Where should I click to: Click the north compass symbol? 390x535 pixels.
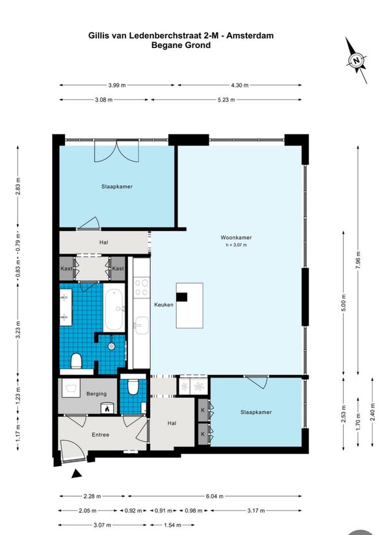click(x=356, y=60)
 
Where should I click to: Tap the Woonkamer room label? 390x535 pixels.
click(x=236, y=237)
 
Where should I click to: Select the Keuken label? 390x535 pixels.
click(x=164, y=305)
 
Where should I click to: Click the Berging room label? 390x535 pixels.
click(x=97, y=394)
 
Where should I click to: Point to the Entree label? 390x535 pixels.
click(x=100, y=435)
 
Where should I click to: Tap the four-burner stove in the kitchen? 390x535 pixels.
click(x=141, y=287)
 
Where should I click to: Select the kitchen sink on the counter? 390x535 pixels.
click(x=141, y=325)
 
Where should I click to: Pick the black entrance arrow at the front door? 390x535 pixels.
click(x=77, y=474)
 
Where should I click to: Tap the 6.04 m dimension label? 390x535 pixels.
click(x=214, y=496)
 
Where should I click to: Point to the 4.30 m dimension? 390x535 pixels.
click(x=240, y=85)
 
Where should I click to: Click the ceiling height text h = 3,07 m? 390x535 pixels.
click(x=236, y=245)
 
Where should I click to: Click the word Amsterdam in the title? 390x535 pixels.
click(x=250, y=36)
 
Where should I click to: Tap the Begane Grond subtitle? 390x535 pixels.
click(x=181, y=45)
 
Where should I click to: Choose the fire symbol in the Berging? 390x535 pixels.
click(x=107, y=408)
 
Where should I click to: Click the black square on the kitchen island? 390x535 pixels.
click(x=181, y=297)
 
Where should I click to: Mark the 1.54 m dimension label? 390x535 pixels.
click(x=172, y=525)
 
